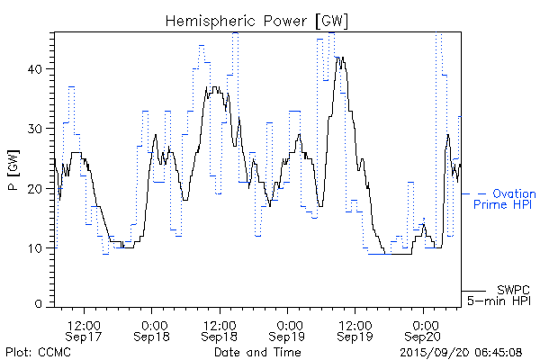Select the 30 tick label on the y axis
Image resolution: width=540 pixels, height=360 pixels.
pyautogui.click(x=40, y=129)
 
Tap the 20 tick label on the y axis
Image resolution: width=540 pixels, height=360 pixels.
pyautogui.click(x=40, y=188)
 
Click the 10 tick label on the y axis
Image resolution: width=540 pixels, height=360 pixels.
pyautogui.click(x=40, y=247)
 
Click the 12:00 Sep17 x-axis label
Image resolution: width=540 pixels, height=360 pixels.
pyautogui.click(x=83, y=329)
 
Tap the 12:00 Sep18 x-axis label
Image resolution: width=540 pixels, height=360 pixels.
pyautogui.click(x=219, y=329)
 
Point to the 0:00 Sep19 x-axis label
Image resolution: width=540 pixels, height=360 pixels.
pyautogui.click(x=289, y=329)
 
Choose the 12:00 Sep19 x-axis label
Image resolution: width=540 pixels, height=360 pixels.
pyautogui.click(x=355, y=329)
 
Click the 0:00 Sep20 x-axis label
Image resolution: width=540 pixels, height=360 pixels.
pyautogui.click(x=424, y=329)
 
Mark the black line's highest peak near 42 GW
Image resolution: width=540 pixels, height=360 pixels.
pyautogui.click(x=337, y=58)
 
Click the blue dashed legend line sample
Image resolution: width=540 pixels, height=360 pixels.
pyautogui.click(x=473, y=193)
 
